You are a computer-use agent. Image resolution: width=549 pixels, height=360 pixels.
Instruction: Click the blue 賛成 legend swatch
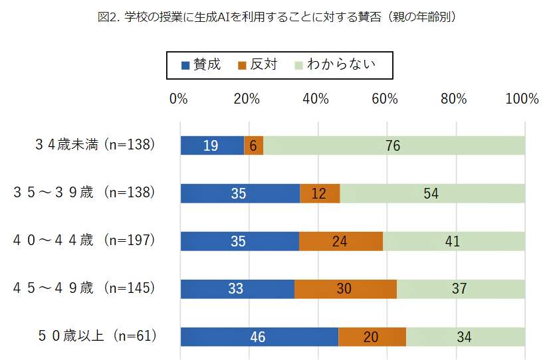tap(185, 65)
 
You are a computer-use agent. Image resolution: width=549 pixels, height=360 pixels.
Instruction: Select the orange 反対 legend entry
tap(256, 65)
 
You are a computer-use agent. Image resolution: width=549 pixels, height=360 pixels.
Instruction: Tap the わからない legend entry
tap(336, 65)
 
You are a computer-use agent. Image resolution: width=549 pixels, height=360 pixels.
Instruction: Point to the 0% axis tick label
tap(179, 99)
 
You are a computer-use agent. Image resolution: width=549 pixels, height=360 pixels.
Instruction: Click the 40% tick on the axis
tap(316, 99)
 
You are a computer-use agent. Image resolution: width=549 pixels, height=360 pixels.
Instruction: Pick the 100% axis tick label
tap(522, 99)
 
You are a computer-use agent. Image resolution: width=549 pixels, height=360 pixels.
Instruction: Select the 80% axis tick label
tap(453, 99)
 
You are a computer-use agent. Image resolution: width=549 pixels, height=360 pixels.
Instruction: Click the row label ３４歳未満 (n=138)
tap(95, 145)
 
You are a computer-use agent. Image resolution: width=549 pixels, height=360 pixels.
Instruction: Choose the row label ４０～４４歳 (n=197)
tap(84, 240)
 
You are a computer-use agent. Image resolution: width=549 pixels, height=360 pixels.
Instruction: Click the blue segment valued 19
tap(212, 145)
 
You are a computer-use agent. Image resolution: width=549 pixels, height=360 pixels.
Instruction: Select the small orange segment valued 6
tap(254, 145)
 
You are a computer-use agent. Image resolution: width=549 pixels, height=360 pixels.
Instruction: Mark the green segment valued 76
tap(394, 145)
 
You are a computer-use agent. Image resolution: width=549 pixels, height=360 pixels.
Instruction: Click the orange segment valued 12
tap(320, 193)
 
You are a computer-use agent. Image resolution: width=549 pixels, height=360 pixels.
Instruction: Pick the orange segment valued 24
tap(340, 241)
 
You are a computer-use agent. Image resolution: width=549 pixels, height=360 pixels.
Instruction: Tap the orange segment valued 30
tap(346, 289)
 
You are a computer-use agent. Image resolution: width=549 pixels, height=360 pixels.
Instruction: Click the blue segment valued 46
tap(259, 337)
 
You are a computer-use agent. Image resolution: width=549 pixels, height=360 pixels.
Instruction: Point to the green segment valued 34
tap(465, 337)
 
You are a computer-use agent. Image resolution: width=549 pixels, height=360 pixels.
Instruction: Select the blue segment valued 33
tap(237, 289)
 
